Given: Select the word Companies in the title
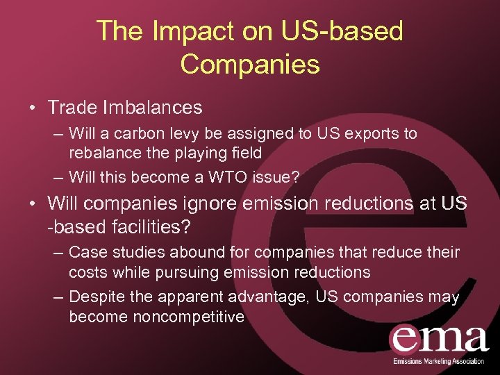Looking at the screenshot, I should point(250,64).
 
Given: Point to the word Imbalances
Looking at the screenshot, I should point(153,108).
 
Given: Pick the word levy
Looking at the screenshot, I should point(192,133).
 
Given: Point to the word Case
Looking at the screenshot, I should point(87,251).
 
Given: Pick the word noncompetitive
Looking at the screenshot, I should point(157,317).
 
